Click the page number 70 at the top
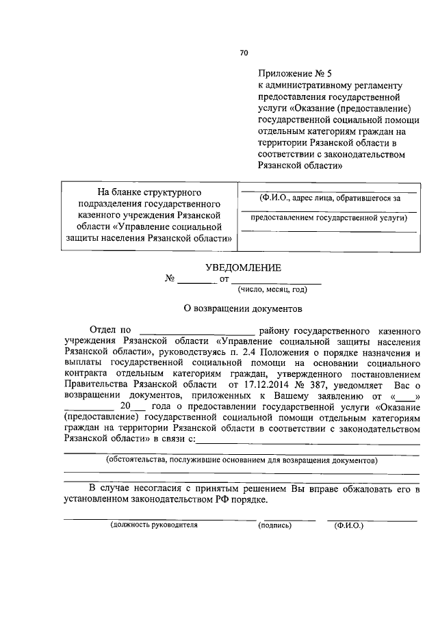[x=244, y=53]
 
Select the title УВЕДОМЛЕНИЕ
[x=244, y=269]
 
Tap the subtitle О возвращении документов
[x=244, y=308]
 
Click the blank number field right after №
[x=196, y=280]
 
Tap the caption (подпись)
[x=274, y=525]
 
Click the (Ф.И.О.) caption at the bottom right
[x=348, y=525]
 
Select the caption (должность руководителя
[x=154, y=525]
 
